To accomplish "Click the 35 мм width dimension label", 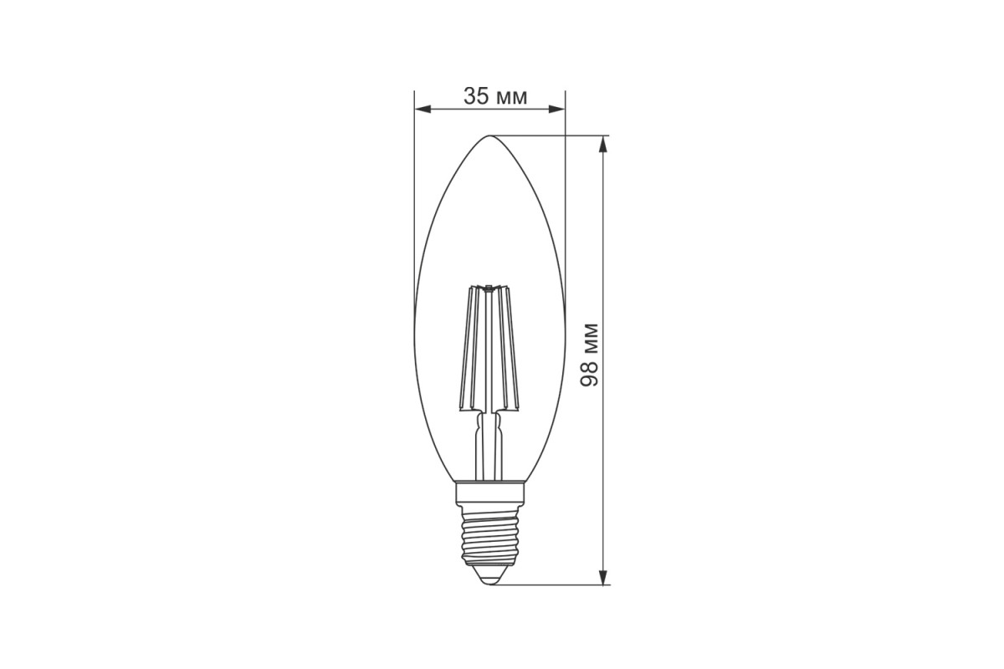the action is pos(495,96).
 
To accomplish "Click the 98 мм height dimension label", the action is pos(589,354).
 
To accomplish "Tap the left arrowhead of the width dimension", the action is pos(423,109).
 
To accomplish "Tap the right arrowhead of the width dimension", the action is pos(556,109).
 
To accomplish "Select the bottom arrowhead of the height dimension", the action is pos(604,577).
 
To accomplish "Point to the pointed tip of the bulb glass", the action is pos(490,135).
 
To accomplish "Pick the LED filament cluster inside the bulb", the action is pos(489,348).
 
